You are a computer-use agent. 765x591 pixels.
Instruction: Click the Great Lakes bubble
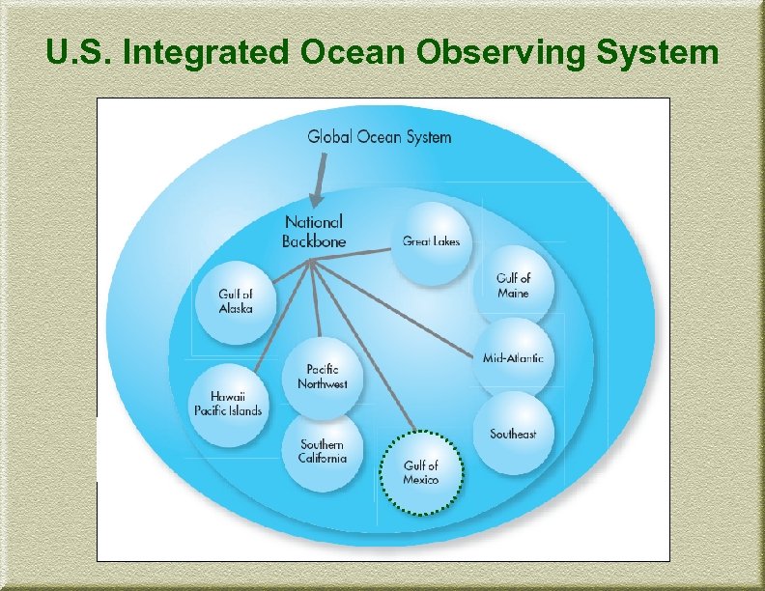tap(432, 242)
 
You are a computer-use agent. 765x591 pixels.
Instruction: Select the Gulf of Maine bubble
tap(513, 285)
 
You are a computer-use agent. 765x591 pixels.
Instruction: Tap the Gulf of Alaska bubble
tap(236, 301)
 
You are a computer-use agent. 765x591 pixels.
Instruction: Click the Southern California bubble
tap(322, 451)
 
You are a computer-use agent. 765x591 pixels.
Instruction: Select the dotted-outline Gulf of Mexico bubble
tap(421, 472)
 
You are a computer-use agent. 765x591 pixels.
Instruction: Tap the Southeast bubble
tap(513, 434)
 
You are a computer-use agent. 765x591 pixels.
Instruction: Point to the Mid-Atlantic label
tap(513, 358)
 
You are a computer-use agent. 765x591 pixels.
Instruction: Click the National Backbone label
tap(313, 232)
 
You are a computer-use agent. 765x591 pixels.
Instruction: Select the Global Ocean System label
tap(380, 136)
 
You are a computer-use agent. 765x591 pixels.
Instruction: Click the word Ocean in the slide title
tap(353, 53)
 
